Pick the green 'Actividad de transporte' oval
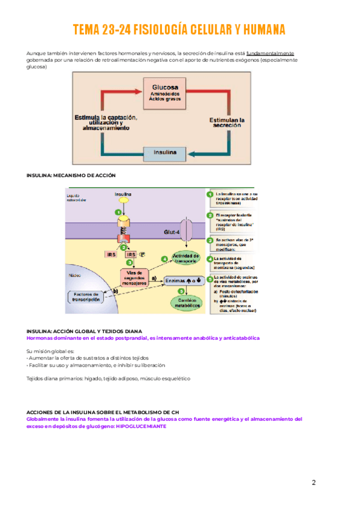185,258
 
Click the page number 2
314,482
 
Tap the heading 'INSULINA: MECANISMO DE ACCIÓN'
71,175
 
